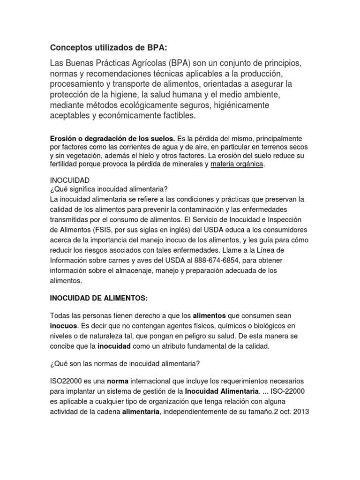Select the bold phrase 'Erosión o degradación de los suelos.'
[x=112, y=139]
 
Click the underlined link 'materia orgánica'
[x=237, y=164]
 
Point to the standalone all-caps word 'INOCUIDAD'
[x=69, y=180]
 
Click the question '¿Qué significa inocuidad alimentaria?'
[x=109, y=189]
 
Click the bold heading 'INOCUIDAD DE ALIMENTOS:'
[x=98, y=298]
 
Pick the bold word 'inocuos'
[x=64, y=326]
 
